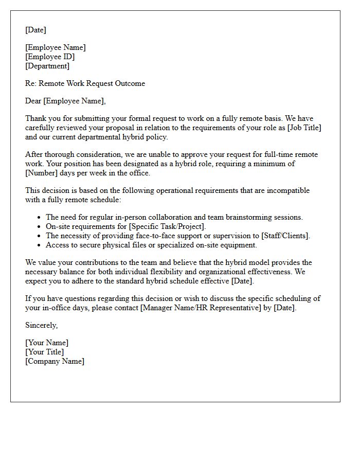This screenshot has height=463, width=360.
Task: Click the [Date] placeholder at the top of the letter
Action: point(35,30)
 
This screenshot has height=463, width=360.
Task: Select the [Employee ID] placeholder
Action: point(50,57)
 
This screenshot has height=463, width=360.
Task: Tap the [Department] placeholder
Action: point(47,66)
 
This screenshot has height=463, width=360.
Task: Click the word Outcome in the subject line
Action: point(130,83)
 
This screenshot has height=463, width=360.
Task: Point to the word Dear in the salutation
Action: point(33,101)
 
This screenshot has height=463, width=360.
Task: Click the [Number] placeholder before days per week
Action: point(43,173)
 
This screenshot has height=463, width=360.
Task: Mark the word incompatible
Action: point(285,190)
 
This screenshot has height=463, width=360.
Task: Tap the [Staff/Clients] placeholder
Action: point(285,236)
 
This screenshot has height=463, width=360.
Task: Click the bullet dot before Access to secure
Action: point(40,245)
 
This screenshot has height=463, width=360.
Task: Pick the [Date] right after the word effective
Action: point(243,281)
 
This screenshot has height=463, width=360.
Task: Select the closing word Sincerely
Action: point(41,325)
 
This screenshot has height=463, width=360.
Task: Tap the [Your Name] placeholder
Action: point(47,343)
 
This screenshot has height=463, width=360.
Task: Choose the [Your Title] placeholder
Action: point(45,352)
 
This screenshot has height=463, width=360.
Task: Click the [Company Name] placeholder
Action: point(55,361)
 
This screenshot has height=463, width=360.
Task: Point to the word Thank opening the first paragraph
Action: point(35,118)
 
